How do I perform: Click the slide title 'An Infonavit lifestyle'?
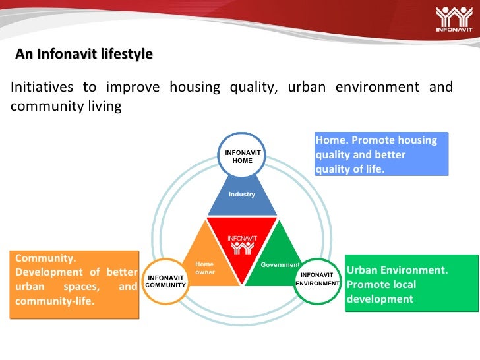(84, 54)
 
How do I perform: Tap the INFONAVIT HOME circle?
(243, 156)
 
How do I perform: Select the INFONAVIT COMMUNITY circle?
(165, 282)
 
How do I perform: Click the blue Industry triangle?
(242, 198)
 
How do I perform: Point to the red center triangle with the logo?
(242, 245)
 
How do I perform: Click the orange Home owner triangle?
(209, 264)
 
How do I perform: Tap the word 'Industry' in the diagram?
(242, 195)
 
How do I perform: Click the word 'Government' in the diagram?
(280, 264)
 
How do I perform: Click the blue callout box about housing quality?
(382, 154)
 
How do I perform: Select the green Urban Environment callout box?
(411, 284)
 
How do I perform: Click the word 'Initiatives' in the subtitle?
(42, 87)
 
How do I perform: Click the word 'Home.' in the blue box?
(332, 140)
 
